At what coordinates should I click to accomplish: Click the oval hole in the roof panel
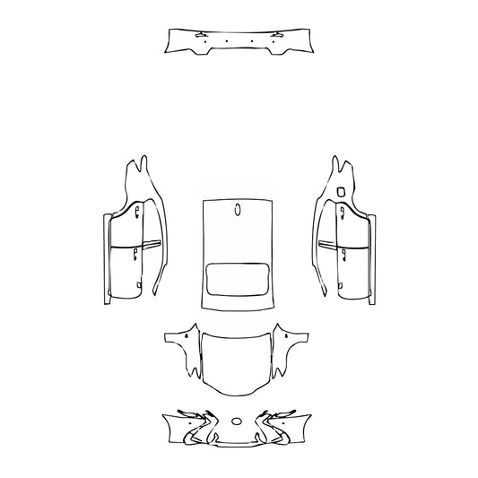click(238, 211)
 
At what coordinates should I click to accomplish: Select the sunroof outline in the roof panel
click(238, 281)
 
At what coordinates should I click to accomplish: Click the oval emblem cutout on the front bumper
click(237, 420)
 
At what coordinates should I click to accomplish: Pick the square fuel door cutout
click(343, 191)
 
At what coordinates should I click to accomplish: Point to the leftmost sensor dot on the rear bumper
click(206, 42)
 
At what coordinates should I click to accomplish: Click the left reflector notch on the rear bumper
click(197, 35)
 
